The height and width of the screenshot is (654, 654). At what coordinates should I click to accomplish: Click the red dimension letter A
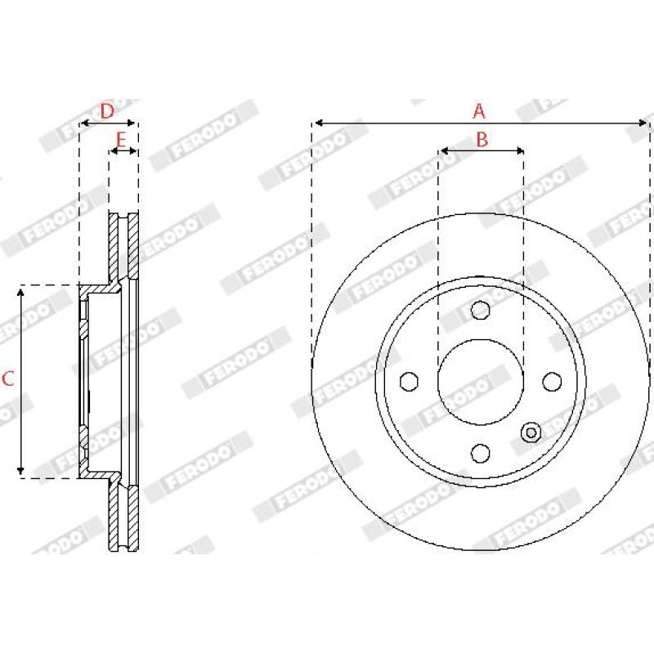(479, 111)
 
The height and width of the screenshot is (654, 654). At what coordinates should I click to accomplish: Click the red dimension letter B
(482, 139)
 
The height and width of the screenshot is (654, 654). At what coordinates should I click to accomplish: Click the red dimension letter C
(8, 379)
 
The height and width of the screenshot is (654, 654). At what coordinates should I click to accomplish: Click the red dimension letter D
(107, 111)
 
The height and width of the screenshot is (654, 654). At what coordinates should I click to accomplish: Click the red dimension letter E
(120, 140)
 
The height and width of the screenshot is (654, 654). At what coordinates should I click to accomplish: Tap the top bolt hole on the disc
(480, 310)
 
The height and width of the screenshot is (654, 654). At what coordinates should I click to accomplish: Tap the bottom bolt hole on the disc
(480, 454)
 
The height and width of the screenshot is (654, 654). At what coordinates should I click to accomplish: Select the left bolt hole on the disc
(410, 382)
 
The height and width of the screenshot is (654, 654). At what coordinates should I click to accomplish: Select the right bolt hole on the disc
(552, 382)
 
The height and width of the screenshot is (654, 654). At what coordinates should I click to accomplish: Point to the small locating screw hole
(531, 432)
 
